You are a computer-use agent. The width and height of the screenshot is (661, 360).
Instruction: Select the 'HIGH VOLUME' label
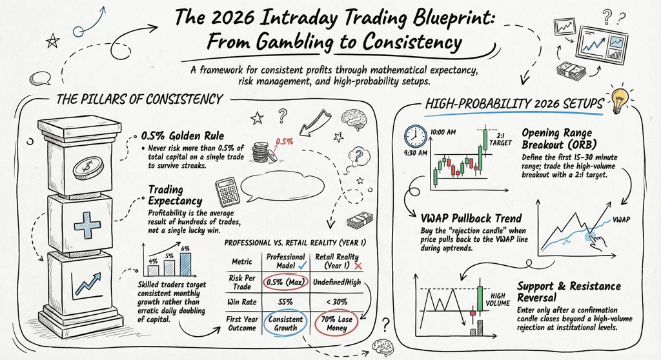[500, 299]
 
